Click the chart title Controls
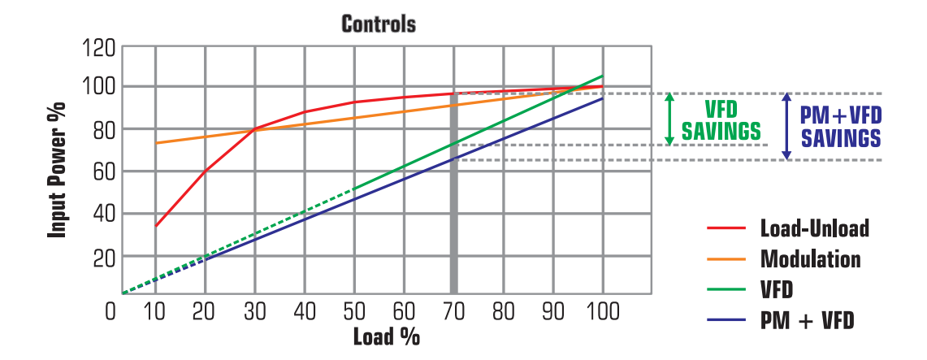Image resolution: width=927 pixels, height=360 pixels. click(378, 24)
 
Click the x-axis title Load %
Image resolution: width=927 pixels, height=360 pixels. click(386, 336)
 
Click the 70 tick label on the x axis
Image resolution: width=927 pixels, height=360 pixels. click(453, 312)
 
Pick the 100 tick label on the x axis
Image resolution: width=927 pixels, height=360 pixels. click(602, 312)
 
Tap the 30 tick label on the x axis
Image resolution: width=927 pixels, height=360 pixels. click(254, 312)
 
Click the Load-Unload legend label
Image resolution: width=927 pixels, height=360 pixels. click(814, 228)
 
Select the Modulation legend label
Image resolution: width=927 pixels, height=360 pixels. click(810, 259)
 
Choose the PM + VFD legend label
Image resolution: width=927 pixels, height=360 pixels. click(807, 321)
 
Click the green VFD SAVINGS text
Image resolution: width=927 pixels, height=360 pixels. click(721, 120)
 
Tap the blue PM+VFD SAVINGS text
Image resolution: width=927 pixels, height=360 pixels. click(841, 127)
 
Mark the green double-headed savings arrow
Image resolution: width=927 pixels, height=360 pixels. click(669, 119)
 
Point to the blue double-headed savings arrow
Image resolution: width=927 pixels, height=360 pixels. click(786, 126)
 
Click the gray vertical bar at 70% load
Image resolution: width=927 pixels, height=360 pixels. click(453, 195)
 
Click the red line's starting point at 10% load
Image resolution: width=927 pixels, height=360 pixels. click(155, 226)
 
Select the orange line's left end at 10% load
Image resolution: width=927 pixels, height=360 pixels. click(155, 143)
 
